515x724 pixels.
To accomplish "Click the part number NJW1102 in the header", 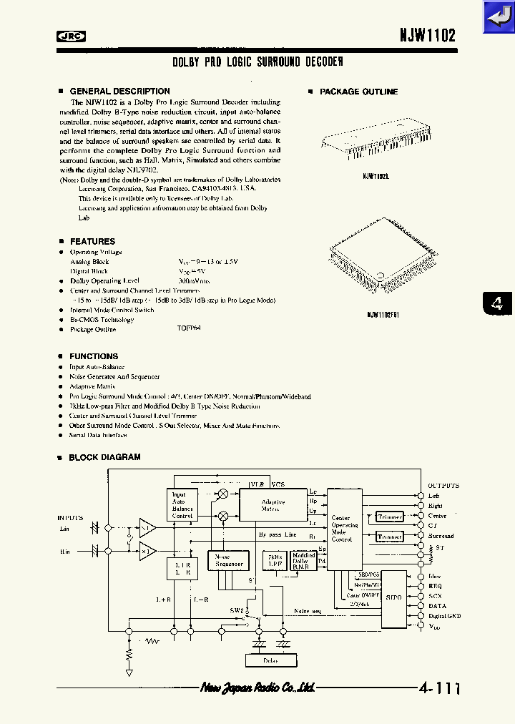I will point(427,36).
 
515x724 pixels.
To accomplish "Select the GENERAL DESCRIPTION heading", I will point(119,92).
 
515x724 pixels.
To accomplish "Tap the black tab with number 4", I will point(496,303).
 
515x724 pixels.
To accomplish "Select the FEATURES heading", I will point(92,242).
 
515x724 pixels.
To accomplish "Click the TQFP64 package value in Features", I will point(190,330).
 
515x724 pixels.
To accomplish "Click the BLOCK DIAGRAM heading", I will point(104,457).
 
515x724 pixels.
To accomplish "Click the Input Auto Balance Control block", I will point(182,505).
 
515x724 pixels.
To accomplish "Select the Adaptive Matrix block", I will point(273,505).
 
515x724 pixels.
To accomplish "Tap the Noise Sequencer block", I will point(228,560).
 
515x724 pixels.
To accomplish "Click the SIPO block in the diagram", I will point(393,595).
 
